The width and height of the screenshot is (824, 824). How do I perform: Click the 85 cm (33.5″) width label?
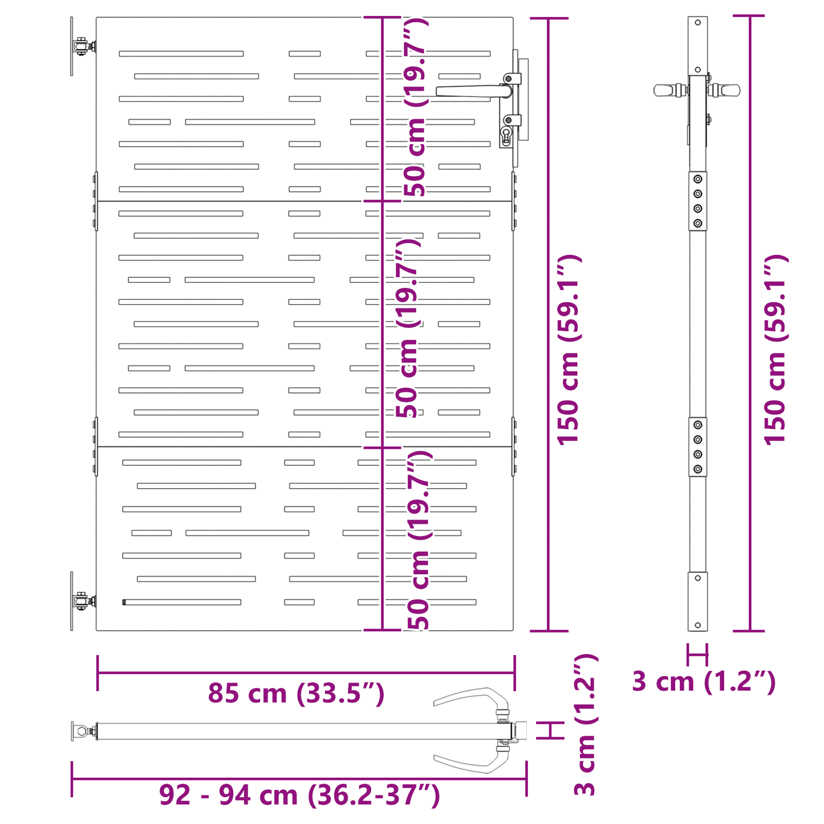coord(296,693)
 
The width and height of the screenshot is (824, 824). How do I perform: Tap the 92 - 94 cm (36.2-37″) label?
coord(299,795)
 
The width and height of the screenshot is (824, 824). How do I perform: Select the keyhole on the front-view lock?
coord(506,136)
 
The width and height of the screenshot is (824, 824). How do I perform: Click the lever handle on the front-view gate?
coord(474,91)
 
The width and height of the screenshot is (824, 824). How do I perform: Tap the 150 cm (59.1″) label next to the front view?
coord(569,350)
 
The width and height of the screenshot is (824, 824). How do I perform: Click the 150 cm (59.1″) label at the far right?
coord(776,350)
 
